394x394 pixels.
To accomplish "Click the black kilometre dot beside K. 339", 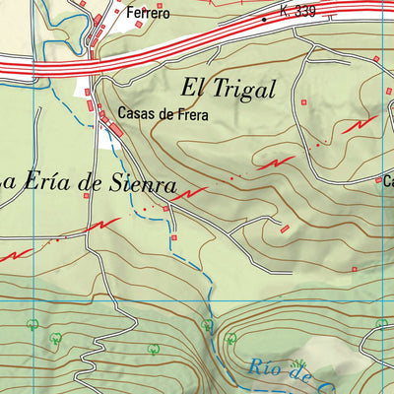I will coord(265,19).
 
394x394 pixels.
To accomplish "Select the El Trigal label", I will coord(227,88).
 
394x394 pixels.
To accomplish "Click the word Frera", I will coord(192,113).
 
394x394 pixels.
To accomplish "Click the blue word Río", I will coord(268,368).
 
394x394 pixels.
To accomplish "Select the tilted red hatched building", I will coord(286,229).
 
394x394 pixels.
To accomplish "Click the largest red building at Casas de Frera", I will coord(115,130).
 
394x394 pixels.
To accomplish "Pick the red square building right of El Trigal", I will coord(304,101).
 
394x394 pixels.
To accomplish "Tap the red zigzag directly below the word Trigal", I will coord(275,163).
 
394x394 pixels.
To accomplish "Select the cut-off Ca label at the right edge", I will coord(387,180).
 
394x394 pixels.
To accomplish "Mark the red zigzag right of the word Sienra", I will coord(191,193).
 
